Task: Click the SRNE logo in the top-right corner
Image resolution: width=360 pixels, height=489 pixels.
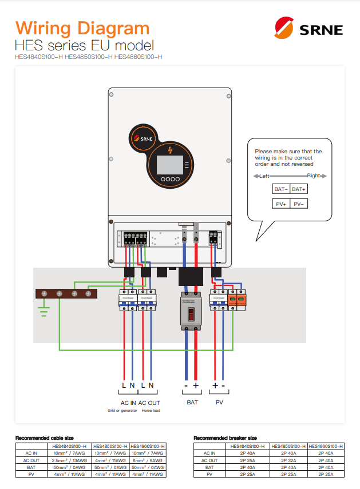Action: (x=308, y=29)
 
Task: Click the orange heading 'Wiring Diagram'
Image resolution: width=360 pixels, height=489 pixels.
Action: (x=82, y=28)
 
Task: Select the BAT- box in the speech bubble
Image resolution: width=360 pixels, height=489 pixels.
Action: (x=280, y=189)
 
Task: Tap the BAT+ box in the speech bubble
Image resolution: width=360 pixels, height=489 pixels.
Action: (x=299, y=189)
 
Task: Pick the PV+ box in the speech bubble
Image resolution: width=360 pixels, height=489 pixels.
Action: (x=280, y=204)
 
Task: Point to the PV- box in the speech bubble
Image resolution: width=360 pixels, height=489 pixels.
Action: (x=299, y=204)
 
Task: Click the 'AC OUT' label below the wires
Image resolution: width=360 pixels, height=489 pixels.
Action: (x=149, y=403)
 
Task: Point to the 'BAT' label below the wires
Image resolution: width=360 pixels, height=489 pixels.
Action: (x=192, y=403)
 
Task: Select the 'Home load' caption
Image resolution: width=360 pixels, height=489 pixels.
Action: (x=151, y=411)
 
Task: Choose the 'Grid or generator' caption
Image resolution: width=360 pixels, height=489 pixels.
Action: (x=121, y=411)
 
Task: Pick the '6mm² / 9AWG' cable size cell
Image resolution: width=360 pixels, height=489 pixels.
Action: (x=148, y=460)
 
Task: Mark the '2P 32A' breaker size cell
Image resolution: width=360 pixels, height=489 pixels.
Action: (x=288, y=460)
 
